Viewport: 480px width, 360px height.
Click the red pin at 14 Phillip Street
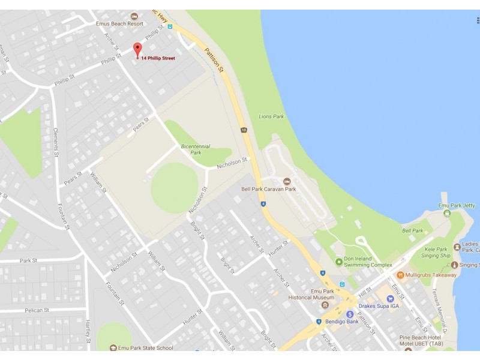coord(137,50)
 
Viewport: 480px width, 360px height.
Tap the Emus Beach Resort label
coord(119,24)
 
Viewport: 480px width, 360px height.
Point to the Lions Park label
coord(271,116)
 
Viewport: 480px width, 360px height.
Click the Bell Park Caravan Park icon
coord(287,181)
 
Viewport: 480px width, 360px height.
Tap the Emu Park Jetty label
coord(457,205)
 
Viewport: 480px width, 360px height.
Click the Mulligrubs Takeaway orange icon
coord(400,275)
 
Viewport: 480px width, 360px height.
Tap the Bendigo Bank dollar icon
coord(349,314)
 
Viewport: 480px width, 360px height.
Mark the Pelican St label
coord(37,310)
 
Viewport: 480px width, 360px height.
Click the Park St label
coord(28,260)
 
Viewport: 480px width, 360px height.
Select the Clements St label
coord(55,142)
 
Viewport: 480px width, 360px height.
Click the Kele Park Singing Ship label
coord(437,252)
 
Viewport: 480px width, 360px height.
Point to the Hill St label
coord(365,291)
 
